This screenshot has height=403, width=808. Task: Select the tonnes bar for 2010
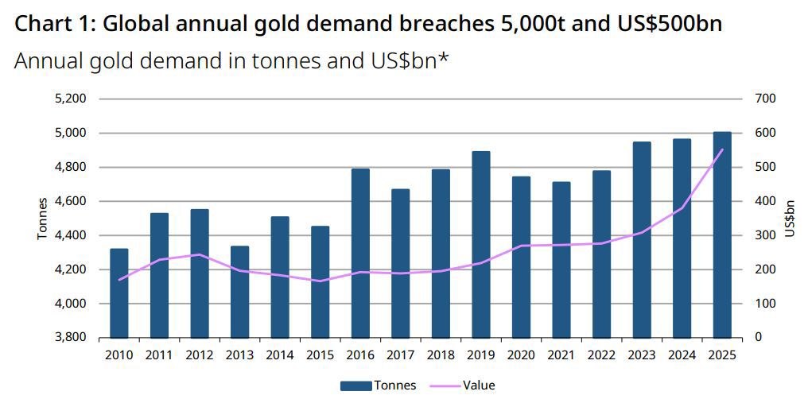click(x=118, y=293)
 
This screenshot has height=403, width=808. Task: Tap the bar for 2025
click(x=722, y=235)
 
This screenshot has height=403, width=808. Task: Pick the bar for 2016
click(x=360, y=254)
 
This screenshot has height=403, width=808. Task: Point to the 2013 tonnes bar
click(x=239, y=292)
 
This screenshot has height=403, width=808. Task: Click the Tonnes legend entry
click(x=378, y=386)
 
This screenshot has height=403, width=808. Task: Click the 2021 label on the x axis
click(x=561, y=355)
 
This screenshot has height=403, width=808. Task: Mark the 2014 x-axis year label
click(x=280, y=355)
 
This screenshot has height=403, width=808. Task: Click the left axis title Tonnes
click(x=42, y=219)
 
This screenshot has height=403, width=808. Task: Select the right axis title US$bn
click(x=790, y=219)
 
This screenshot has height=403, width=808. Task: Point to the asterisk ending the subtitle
click(x=444, y=58)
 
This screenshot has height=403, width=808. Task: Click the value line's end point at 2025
click(x=722, y=149)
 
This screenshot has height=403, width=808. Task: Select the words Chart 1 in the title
click(x=52, y=24)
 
